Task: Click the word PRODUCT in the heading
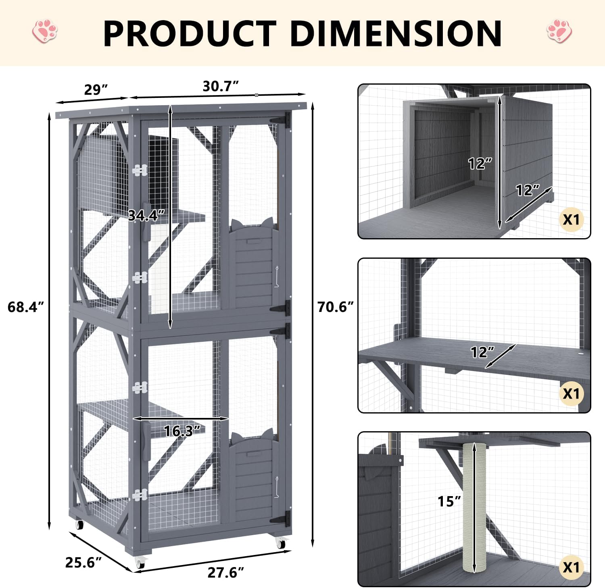pos(190,33)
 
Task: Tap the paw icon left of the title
pos(45,31)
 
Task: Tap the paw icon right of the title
pos(559,31)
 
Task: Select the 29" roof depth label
pos(96,89)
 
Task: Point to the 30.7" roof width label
pos(220,86)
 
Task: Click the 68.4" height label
pos(25,307)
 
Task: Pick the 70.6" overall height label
pos(335,307)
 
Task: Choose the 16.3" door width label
pos(182,431)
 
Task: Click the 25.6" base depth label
pos(83,562)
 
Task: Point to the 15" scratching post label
pos(449,501)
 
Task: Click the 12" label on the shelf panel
pos(482,352)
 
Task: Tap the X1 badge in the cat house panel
pos(571,220)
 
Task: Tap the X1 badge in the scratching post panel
pos(571,567)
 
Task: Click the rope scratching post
pos(475,508)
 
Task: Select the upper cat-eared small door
pos(253,262)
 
